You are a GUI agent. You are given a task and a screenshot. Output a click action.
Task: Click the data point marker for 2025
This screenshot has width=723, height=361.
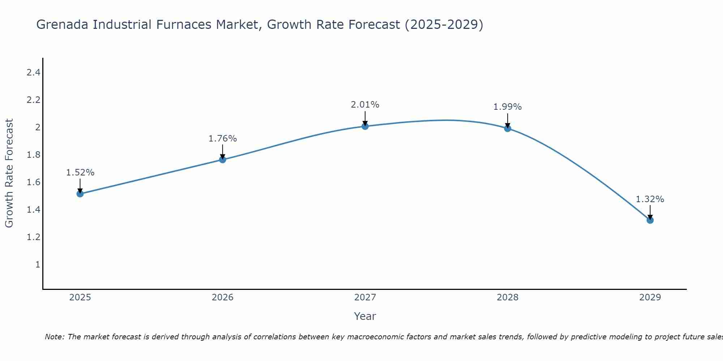tap(80, 194)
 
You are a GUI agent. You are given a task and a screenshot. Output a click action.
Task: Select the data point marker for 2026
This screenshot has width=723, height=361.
tap(223, 160)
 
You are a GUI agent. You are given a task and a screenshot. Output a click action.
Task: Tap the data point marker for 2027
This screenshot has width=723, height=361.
tap(365, 126)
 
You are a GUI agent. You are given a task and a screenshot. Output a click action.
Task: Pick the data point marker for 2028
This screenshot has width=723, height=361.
tap(508, 128)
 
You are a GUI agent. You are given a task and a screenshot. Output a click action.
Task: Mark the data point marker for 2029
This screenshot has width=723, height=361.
tap(650, 220)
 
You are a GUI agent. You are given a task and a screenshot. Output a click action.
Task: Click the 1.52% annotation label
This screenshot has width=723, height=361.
tap(80, 173)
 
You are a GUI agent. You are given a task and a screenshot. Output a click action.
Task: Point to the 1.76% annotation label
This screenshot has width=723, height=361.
tap(223, 139)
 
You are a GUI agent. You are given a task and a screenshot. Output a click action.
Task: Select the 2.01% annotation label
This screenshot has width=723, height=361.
tap(365, 105)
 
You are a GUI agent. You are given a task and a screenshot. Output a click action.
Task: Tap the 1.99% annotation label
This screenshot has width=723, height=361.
tap(508, 107)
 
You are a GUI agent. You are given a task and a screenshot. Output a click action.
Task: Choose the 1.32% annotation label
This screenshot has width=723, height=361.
tap(650, 199)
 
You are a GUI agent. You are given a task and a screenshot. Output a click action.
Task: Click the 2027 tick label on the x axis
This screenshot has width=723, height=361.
tap(365, 297)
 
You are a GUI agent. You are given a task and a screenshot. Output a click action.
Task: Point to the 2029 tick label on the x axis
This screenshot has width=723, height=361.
tap(650, 297)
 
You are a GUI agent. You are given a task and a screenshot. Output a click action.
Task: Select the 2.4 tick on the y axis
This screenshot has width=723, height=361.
tap(33, 73)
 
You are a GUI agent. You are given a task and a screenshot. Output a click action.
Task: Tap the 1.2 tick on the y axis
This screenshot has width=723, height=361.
tap(33, 237)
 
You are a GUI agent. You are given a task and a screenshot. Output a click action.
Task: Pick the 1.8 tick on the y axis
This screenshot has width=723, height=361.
tap(33, 155)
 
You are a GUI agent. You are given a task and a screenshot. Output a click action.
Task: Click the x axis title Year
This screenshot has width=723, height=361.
tap(365, 316)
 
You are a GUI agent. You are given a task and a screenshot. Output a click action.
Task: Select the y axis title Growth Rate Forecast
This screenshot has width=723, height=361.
tap(9, 173)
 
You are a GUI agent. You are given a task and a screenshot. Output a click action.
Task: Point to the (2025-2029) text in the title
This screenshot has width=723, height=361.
tap(444, 25)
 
